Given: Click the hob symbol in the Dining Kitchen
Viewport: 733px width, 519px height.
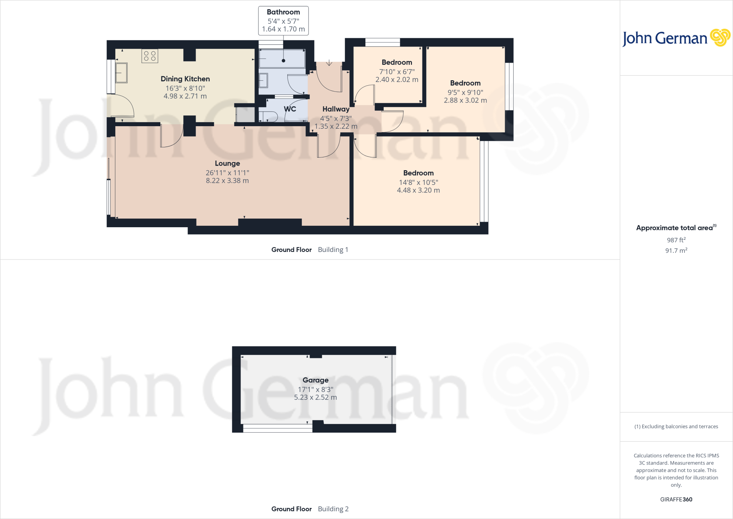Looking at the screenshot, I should click(150, 56).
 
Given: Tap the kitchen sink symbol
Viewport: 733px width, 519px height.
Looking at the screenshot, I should click(121, 73).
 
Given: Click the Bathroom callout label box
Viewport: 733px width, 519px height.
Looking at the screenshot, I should click(283, 21).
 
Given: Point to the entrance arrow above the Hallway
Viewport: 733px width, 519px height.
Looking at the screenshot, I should click(329, 63).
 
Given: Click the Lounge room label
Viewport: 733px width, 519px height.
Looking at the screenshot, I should click(227, 163).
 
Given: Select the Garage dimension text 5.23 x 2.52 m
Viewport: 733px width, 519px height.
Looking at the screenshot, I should click(315, 397).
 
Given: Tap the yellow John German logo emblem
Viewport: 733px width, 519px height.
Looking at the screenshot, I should click(720, 38).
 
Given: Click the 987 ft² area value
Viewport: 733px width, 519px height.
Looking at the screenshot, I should click(676, 240).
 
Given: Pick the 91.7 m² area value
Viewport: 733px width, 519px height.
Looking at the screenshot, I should click(676, 251).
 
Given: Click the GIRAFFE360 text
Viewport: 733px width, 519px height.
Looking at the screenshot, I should click(676, 499).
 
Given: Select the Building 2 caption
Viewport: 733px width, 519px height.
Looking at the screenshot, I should click(333, 509).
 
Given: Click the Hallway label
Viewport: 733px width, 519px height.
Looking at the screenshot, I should click(336, 109).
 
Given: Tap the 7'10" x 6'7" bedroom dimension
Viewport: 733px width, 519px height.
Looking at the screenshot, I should click(397, 72).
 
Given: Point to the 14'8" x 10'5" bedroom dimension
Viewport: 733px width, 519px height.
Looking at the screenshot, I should click(418, 182).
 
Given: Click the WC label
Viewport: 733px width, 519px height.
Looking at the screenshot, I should click(290, 109).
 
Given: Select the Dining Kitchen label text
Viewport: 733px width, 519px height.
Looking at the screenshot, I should click(185, 79).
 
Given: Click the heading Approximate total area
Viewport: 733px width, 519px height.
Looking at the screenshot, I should click(674, 228).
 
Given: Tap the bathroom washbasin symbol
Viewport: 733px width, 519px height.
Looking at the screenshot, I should click(263, 81).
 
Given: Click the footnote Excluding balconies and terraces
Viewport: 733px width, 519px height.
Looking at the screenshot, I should click(676, 427).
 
